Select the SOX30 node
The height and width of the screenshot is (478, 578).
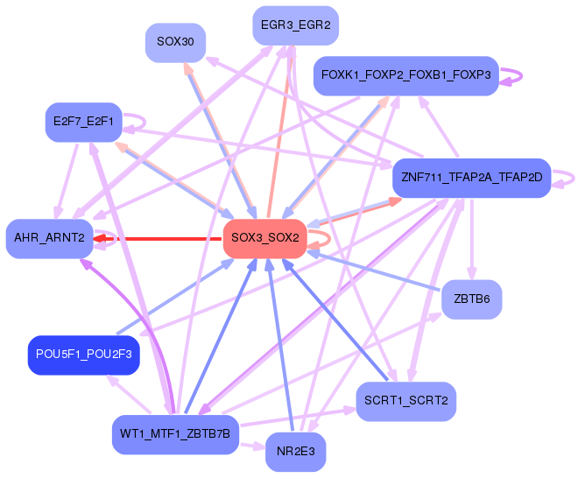[x=175, y=42]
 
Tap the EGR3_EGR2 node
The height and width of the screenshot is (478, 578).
[x=295, y=25]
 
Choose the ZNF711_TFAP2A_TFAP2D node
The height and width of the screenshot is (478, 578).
[x=471, y=177]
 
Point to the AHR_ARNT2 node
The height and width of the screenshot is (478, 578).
[x=49, y=238]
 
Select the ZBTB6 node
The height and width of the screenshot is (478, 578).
[x=471, y=299]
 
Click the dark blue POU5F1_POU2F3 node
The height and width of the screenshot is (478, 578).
[x=84, y=355]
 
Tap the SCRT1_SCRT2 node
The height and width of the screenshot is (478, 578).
[x=406, y=401]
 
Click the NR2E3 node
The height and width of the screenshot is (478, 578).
[x=295, y=452]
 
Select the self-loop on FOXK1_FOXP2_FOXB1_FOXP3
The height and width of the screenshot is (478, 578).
[x=514, y=76]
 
